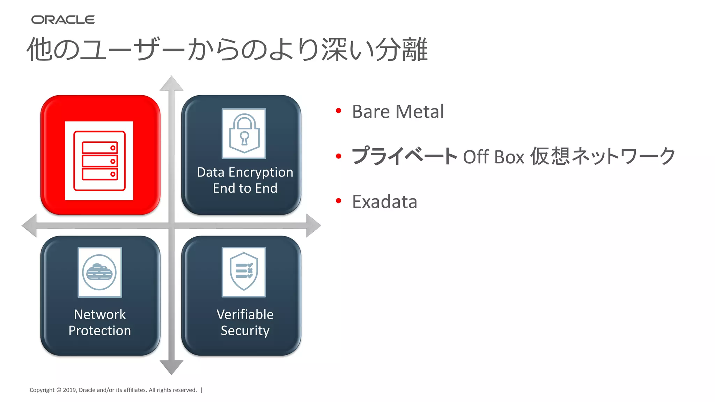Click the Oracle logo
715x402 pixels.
point(63,20)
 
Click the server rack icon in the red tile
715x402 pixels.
point(99,161)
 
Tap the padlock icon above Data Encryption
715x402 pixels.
point(244,133)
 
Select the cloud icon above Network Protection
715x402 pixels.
point(99,272)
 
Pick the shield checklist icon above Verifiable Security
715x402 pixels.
point(244,272)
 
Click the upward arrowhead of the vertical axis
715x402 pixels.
point(171,84)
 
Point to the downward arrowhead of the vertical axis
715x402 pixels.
point(171,367)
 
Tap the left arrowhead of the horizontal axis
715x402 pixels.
point(30,225)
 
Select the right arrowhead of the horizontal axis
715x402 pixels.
point(313,225)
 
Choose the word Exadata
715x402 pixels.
point(384,202)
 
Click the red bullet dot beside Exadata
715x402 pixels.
point(338,201)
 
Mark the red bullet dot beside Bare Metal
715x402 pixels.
point(338,111)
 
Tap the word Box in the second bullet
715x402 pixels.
point(509,157)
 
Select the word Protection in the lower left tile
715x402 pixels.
point(99,330)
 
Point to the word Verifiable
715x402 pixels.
point(245,314)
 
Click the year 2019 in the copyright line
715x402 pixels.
point(69,390)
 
